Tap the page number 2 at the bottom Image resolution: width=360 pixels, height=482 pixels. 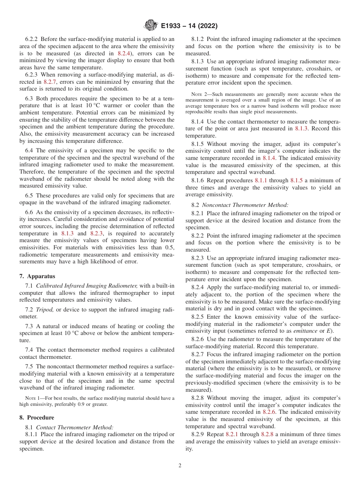180,466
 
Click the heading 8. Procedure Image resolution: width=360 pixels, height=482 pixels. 37,417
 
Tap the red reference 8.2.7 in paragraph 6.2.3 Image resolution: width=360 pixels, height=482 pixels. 50,82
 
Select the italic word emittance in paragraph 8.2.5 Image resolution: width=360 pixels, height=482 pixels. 305,331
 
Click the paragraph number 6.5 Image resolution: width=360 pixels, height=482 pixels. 30,196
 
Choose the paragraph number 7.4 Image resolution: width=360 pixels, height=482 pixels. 30,350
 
